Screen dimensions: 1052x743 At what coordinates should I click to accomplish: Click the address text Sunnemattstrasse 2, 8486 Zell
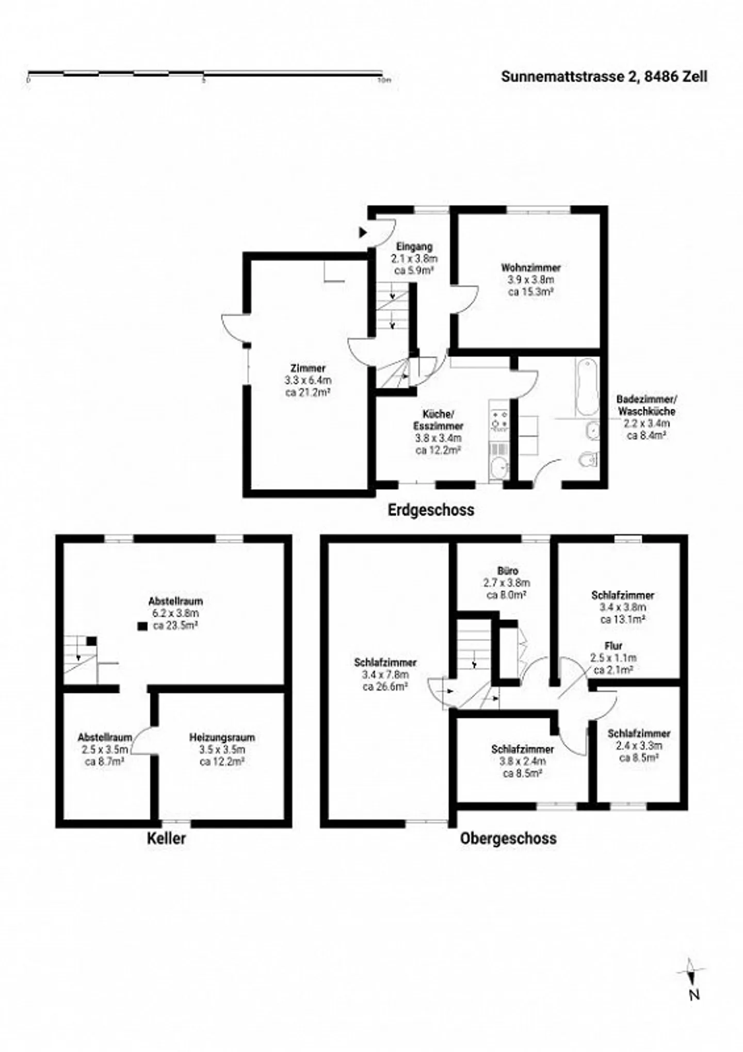point(604,76)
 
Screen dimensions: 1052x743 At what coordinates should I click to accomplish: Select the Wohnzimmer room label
point(530,267)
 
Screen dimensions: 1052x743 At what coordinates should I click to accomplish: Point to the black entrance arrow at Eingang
point(363,233)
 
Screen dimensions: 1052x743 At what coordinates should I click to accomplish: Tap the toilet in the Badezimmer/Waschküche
point(589,459)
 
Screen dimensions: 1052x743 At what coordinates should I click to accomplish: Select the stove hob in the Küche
point(499,420)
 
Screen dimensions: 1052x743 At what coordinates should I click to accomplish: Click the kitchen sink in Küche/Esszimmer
point(498,467)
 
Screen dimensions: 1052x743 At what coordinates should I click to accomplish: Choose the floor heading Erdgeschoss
point(431,510)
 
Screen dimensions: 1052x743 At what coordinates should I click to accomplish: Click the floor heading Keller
point(166,838)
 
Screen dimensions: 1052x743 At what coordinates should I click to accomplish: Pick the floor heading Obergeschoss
point(508,838)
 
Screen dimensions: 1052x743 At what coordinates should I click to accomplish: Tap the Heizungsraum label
point(222,737)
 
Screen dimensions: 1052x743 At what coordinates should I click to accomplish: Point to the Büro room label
point(508,571)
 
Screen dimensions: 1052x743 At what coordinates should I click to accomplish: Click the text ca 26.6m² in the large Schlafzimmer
point(385,686)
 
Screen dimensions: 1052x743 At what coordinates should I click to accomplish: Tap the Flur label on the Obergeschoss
point(613,645)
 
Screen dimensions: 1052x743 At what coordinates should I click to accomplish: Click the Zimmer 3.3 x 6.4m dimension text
point(308,380)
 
